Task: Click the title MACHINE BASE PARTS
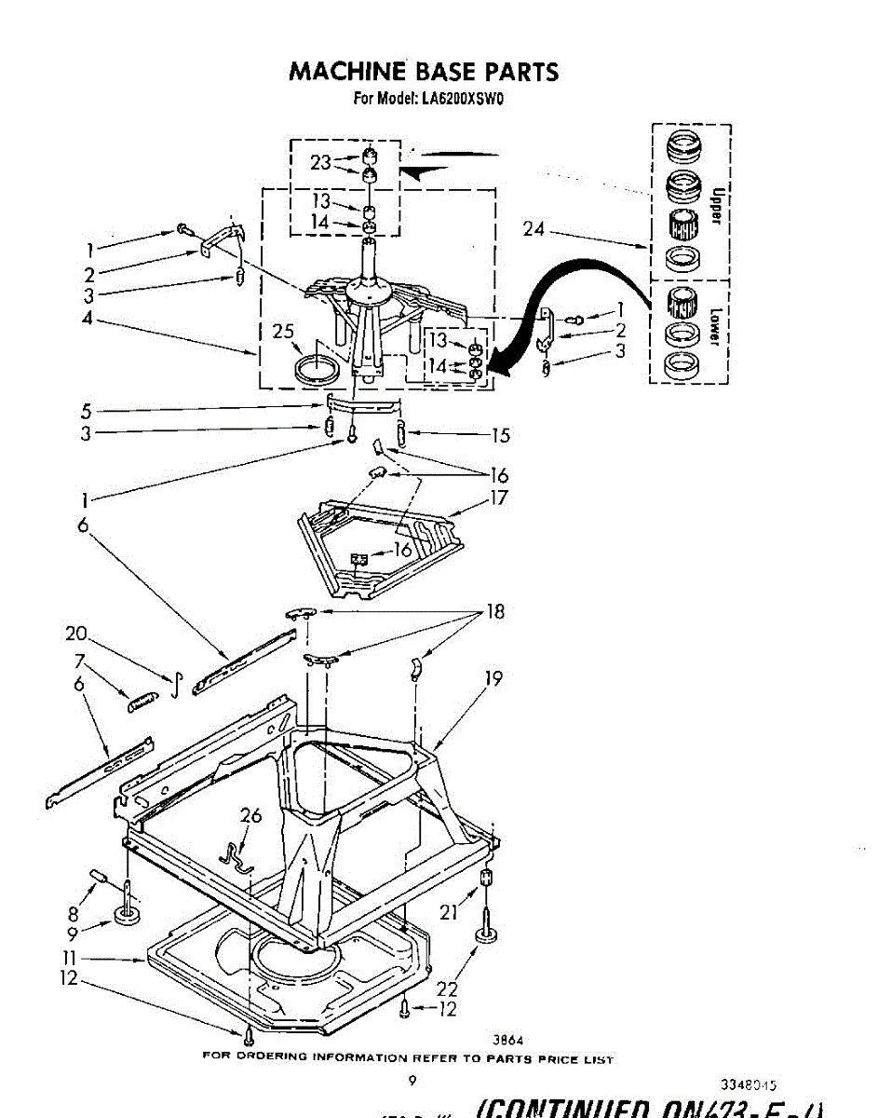[424, 72]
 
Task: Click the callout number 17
[499, 498]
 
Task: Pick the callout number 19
[493, 678]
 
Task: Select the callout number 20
[76, 634]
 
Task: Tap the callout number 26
[250, 816]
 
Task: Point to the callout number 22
[448, 988]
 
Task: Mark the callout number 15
[500, 435]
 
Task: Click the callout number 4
[85, 320]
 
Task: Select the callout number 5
[85, 410]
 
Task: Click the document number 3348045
[749, 1084]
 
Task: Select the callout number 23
[320, 162]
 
